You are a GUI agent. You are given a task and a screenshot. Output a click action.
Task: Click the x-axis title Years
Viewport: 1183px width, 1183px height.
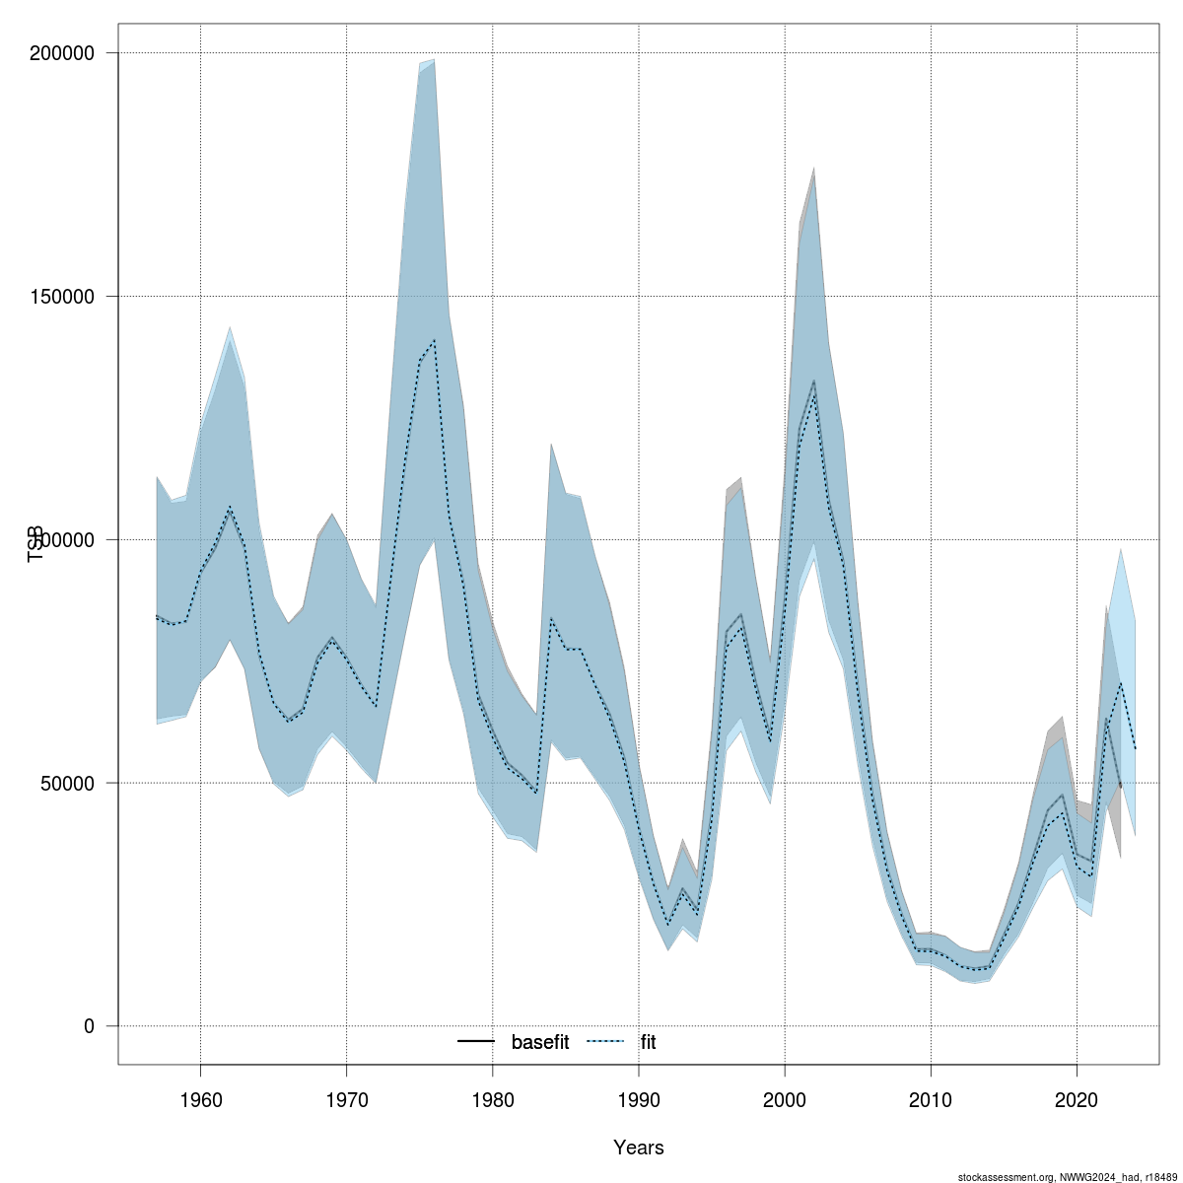pyautogui.click(x=639, y=1148)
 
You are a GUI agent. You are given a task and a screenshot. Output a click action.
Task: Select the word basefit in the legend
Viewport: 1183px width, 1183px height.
pyautogui.click(x=539, y=1042)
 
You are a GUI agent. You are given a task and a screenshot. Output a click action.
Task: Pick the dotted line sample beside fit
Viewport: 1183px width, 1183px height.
pyautogui.click(x=606, y=1042)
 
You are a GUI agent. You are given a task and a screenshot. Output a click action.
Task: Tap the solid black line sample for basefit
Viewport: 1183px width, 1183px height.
pyautogui.click(x=476, y=1042)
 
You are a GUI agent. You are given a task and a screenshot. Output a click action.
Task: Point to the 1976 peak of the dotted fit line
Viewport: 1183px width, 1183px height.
pyautogui.click(x=435, y=340)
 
